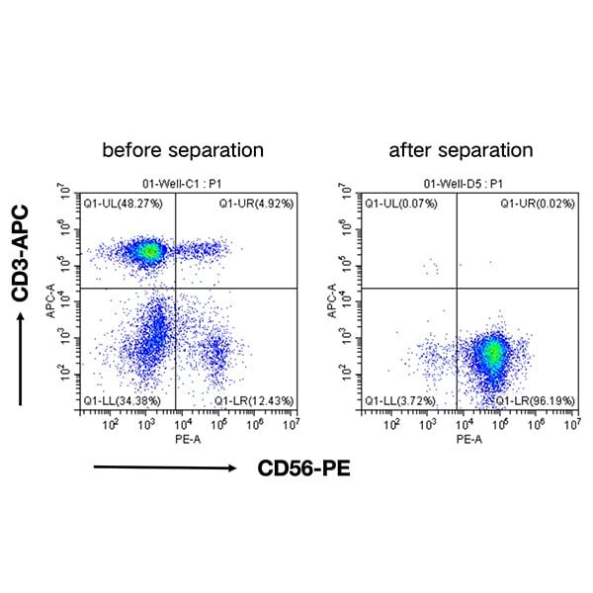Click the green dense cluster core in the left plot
click(x=148, y=251)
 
